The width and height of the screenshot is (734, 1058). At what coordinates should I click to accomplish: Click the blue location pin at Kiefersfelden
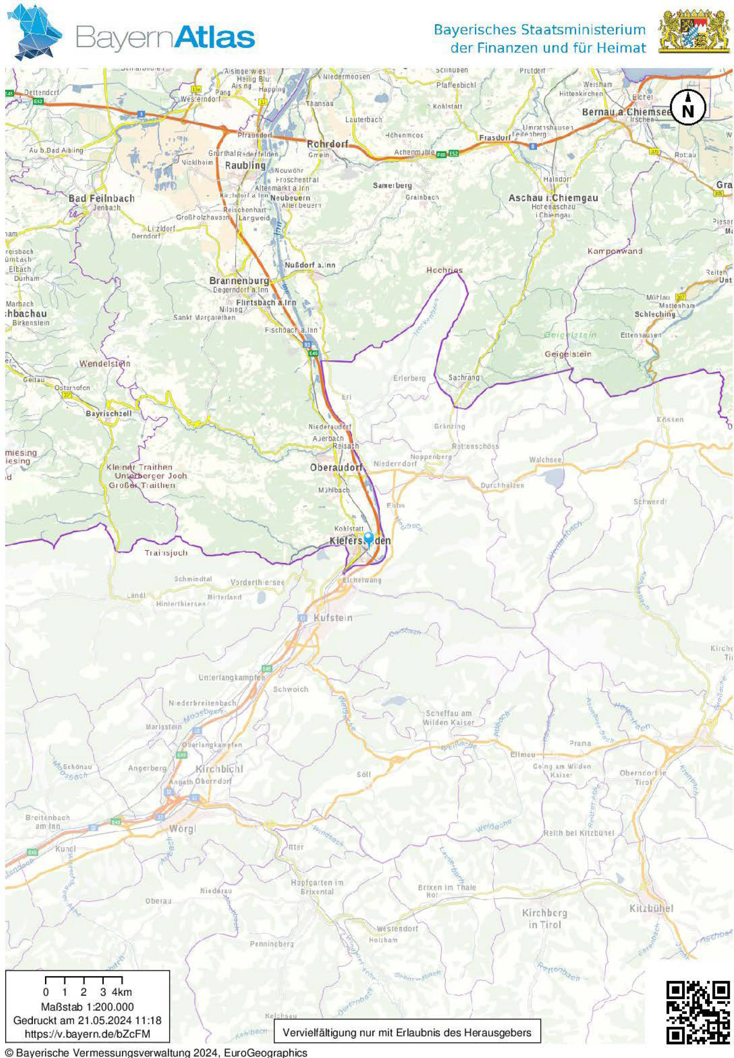(369, 539)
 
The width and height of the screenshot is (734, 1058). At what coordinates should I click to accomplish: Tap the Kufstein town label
(333, 618)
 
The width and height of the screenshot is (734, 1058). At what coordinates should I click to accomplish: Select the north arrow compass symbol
(688, 108)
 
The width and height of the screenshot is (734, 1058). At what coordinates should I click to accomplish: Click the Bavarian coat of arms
(694, 32)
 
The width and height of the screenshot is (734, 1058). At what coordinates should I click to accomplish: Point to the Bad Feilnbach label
(102, 198)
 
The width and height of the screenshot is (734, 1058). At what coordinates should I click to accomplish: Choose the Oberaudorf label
(336, 467)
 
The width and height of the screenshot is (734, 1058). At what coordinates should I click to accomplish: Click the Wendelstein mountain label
(105, 364)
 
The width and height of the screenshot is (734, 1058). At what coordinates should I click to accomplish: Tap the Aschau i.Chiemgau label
(553, 198)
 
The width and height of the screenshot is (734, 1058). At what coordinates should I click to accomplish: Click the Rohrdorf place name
(327, 144)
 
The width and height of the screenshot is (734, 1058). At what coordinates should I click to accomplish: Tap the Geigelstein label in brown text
(568, 354)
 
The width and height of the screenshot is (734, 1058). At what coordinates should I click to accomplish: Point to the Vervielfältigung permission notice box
(407, 1032)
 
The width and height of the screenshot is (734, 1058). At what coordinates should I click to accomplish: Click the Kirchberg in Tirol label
(544, 918)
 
